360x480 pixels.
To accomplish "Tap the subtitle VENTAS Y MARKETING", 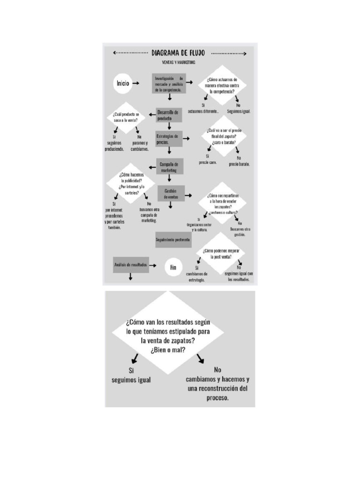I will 175,62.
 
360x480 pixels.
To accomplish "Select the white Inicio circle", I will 123,83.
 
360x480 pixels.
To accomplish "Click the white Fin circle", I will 173,267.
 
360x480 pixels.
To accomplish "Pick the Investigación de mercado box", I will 169,83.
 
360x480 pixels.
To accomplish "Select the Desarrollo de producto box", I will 168,115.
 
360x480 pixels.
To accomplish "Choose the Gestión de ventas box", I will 170,194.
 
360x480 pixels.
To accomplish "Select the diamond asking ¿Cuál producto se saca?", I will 128,117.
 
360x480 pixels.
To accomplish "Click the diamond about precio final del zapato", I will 224,136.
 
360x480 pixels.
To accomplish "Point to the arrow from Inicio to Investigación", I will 136,83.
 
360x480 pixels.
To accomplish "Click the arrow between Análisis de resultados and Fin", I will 152,265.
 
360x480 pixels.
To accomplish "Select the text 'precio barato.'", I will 239,165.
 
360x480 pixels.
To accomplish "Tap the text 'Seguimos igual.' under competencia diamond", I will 239,111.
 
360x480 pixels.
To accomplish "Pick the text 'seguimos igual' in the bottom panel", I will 131,380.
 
